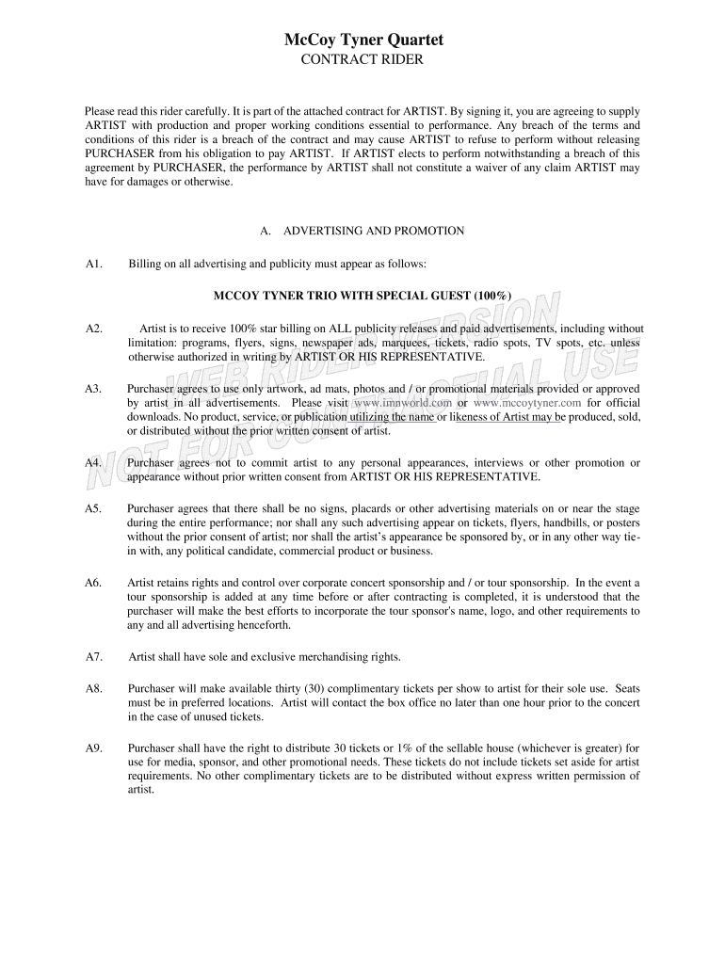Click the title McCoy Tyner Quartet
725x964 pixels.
pos(362,40)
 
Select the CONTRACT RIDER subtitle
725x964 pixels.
pos(362,60)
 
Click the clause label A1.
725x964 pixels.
pos(93,264)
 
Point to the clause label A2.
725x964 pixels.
pos(93,329)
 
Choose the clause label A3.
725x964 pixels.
pos(93,389)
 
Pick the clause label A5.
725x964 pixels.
pos(93,509)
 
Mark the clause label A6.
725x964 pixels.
pos(93,583)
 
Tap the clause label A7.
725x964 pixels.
pos(93,657)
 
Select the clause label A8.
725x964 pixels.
pos(93,689)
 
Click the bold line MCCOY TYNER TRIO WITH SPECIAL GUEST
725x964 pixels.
pos(362,296)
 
